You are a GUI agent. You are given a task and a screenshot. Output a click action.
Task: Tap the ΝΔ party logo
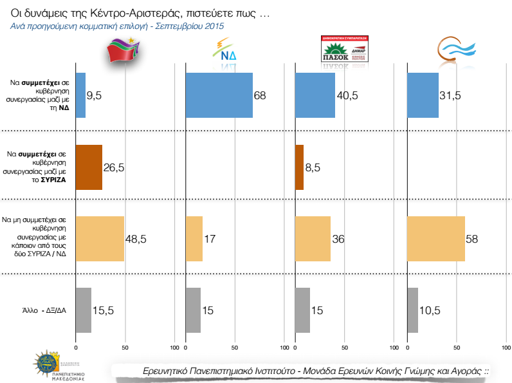coord(226,51)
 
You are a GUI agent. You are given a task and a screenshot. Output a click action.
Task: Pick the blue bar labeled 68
coord(219,95)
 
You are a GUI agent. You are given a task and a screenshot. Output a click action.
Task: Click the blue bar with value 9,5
coord(80,95)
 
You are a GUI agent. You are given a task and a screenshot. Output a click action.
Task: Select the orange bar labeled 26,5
coord(89,167)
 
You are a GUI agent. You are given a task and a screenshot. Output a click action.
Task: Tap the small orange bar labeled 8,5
coord(299,167)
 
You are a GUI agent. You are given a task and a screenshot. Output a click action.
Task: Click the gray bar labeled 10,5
coord(413,310)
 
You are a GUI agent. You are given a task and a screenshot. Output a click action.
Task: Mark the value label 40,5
coord(347,96)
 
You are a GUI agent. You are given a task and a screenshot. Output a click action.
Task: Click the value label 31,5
coord(451,96)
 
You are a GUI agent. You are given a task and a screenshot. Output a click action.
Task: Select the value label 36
coord(338,239)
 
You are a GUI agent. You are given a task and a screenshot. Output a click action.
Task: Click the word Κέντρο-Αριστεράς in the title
coord(134,12)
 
